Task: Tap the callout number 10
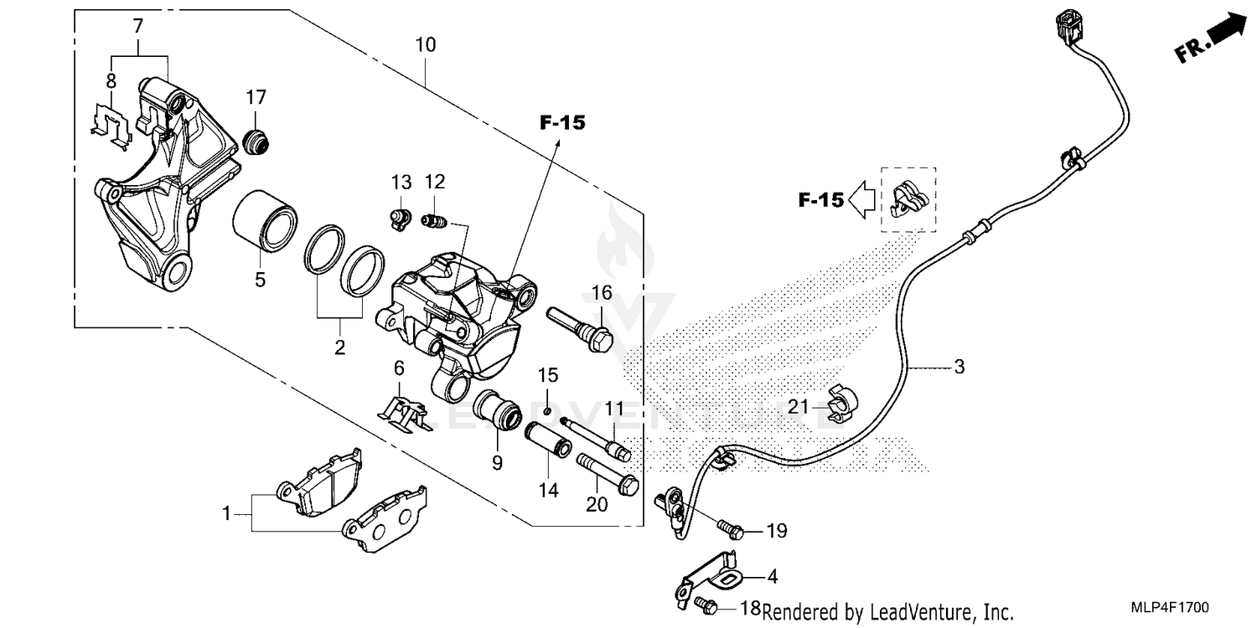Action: coord(425,44)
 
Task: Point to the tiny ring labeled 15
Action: coord(546,410)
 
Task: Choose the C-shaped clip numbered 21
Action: coord(841,403)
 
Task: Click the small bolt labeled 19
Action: coord(730,529)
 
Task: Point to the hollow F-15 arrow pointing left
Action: coord(862,200)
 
